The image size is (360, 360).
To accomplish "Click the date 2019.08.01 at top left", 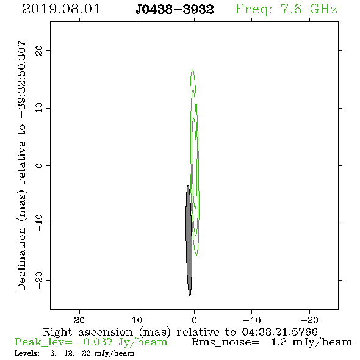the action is pyautogui.click(x=61, y=9).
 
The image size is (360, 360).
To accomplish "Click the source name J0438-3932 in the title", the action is pyautogui.click(x=175, y=9).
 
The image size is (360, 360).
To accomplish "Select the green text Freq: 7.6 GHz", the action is pyautogui.click(x=286, y=10).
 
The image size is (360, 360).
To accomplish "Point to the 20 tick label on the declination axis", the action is pyautogui.click(x=39, y=50).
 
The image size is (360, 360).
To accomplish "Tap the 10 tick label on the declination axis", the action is pyautogui.click(x=39, y=108).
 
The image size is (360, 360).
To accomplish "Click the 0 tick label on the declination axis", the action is pyautogui.click(x=39, y=165).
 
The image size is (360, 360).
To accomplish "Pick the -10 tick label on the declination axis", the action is pyautogui.click(x=39, y=223).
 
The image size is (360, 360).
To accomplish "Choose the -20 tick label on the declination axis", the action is pyautogui.click(x=39, y=280).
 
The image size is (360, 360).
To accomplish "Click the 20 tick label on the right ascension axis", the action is pyautogui.click(x=79, y=320).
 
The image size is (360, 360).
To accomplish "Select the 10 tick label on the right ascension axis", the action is pyautogui.click(x=137, y=320).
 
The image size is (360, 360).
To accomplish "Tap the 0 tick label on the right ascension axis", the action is pyautogui.click(x=194, y=320).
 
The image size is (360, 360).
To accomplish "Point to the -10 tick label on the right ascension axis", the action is pyautogui.click(x=252, y=320).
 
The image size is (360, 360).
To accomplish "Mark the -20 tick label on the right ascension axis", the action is pyautogui.click(x=309, y=320).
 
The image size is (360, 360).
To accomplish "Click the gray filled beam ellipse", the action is pyautogui.click(x=189, y=240).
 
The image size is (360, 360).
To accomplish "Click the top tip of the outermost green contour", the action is pyautogui.click(x=192, y=69).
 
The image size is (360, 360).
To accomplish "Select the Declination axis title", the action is pyautogui.click(x=21, y=165).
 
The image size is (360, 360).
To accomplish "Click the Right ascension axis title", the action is pyautogui.click(x=180, y=332).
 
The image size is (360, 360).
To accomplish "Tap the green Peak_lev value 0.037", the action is pyautogui.click(x=98, y=342).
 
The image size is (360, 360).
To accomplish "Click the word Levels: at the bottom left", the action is pyautogui.click(x=27, y=353).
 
